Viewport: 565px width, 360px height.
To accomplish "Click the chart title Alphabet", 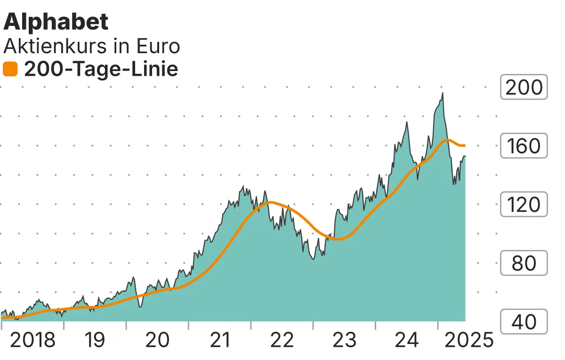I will (56, 22).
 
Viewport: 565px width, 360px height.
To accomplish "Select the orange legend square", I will (10, 70).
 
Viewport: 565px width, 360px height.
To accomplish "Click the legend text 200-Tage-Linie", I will (101, 70).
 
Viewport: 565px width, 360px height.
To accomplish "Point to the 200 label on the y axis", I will (524, 88).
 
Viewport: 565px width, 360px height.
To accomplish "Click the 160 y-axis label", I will (524, 146).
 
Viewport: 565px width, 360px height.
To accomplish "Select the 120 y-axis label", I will (524, 205).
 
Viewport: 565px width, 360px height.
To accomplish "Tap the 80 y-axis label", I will (524, 263).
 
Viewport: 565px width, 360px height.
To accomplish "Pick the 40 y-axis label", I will (524, 322).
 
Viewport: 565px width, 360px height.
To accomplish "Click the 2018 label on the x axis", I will (32, 340).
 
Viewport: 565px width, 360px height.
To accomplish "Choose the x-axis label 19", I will (95, 340).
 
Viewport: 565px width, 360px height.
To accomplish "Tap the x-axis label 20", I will (157, 340).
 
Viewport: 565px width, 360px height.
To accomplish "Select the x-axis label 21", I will (220, 340).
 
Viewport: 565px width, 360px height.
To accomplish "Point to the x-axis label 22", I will (282, 340).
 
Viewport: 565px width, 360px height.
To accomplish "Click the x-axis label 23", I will (344, 340).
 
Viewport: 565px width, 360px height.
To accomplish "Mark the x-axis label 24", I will (407, 340).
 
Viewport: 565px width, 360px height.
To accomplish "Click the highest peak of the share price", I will (443, 93).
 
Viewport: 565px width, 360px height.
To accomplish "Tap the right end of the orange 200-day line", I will (465, 145).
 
